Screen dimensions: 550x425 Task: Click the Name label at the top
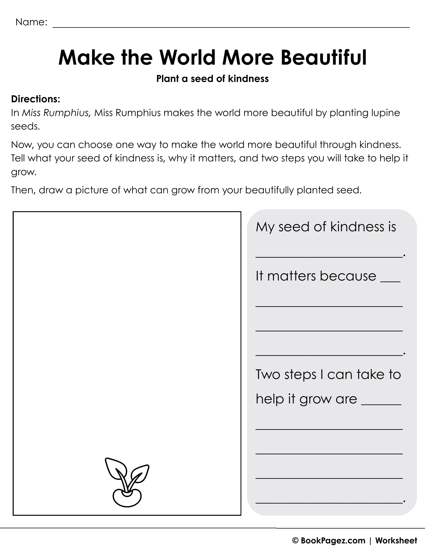pyautogui.click(x=31, y=22)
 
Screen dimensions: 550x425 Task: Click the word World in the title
pyautogui.click(x=187, y=58)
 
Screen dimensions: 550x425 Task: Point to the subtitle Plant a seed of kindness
pyautogui.click(x=212, y=79)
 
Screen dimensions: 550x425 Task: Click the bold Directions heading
pyautogui.click(x=35, y=99)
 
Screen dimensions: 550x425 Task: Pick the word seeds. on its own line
pyautogui.click(x=26, y=127)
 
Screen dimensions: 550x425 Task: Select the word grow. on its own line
pyautogui.click(x=24, y=173)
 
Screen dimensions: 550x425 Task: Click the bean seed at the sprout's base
pyautogui.click(x=127, y=497)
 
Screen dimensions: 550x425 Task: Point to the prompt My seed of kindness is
pyautogui.click(x=326, y=227)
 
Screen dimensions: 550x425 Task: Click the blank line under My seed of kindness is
pyautogui.click(x=329, y=256)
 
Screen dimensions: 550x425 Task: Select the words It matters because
pyautogui.click(x=316, y=276)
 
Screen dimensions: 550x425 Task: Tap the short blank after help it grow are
pyautogui.click(x=381, y=404)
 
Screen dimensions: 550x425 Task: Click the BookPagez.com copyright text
pyautogui.click(x=329, y=541)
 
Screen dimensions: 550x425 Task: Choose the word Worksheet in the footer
pyautogui.click(x=396, y=541)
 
